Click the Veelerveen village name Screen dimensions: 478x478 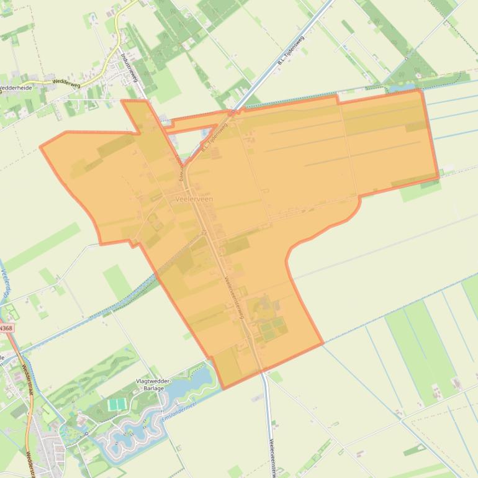click(194, 199)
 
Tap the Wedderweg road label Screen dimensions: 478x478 click(67, 81)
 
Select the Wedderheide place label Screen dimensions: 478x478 click(16, 88)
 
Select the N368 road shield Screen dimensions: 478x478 click(6, 327)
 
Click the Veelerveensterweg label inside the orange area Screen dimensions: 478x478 click(235, 297)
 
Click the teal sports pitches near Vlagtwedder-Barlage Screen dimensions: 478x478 click(116, 405)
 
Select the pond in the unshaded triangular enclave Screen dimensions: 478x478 click(205, 132)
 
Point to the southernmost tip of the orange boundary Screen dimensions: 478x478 click(223, 389)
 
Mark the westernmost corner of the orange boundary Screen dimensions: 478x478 click(40, 147)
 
